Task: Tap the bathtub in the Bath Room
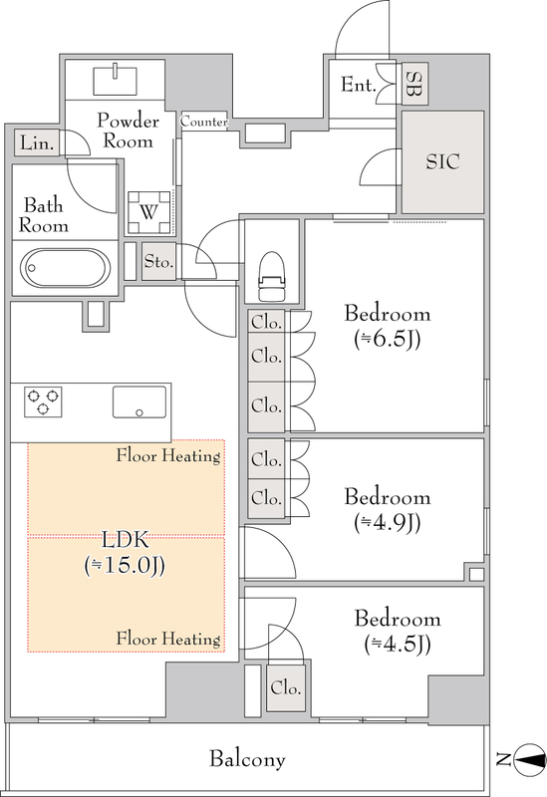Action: (64, 268)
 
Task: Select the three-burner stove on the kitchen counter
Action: (43, 401)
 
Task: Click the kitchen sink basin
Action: (139, 401)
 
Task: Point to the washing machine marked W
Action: (148, 212)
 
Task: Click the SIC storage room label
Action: (442, 161)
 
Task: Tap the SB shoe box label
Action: (414, 85)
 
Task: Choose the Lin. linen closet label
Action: (37, 143)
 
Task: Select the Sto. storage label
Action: (158, 261)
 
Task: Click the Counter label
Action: (204, 122)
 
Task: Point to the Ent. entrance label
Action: (359, 85)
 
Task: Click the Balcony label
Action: (247, 759)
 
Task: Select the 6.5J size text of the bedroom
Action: (388, 340)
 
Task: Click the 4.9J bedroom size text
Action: (388, 522)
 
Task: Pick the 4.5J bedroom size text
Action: (398, 645)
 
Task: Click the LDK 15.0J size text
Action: (125, 565)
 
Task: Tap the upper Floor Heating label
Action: (168, 455)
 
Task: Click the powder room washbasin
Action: (116, 80)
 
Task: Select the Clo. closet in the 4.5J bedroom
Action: (286, 687)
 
